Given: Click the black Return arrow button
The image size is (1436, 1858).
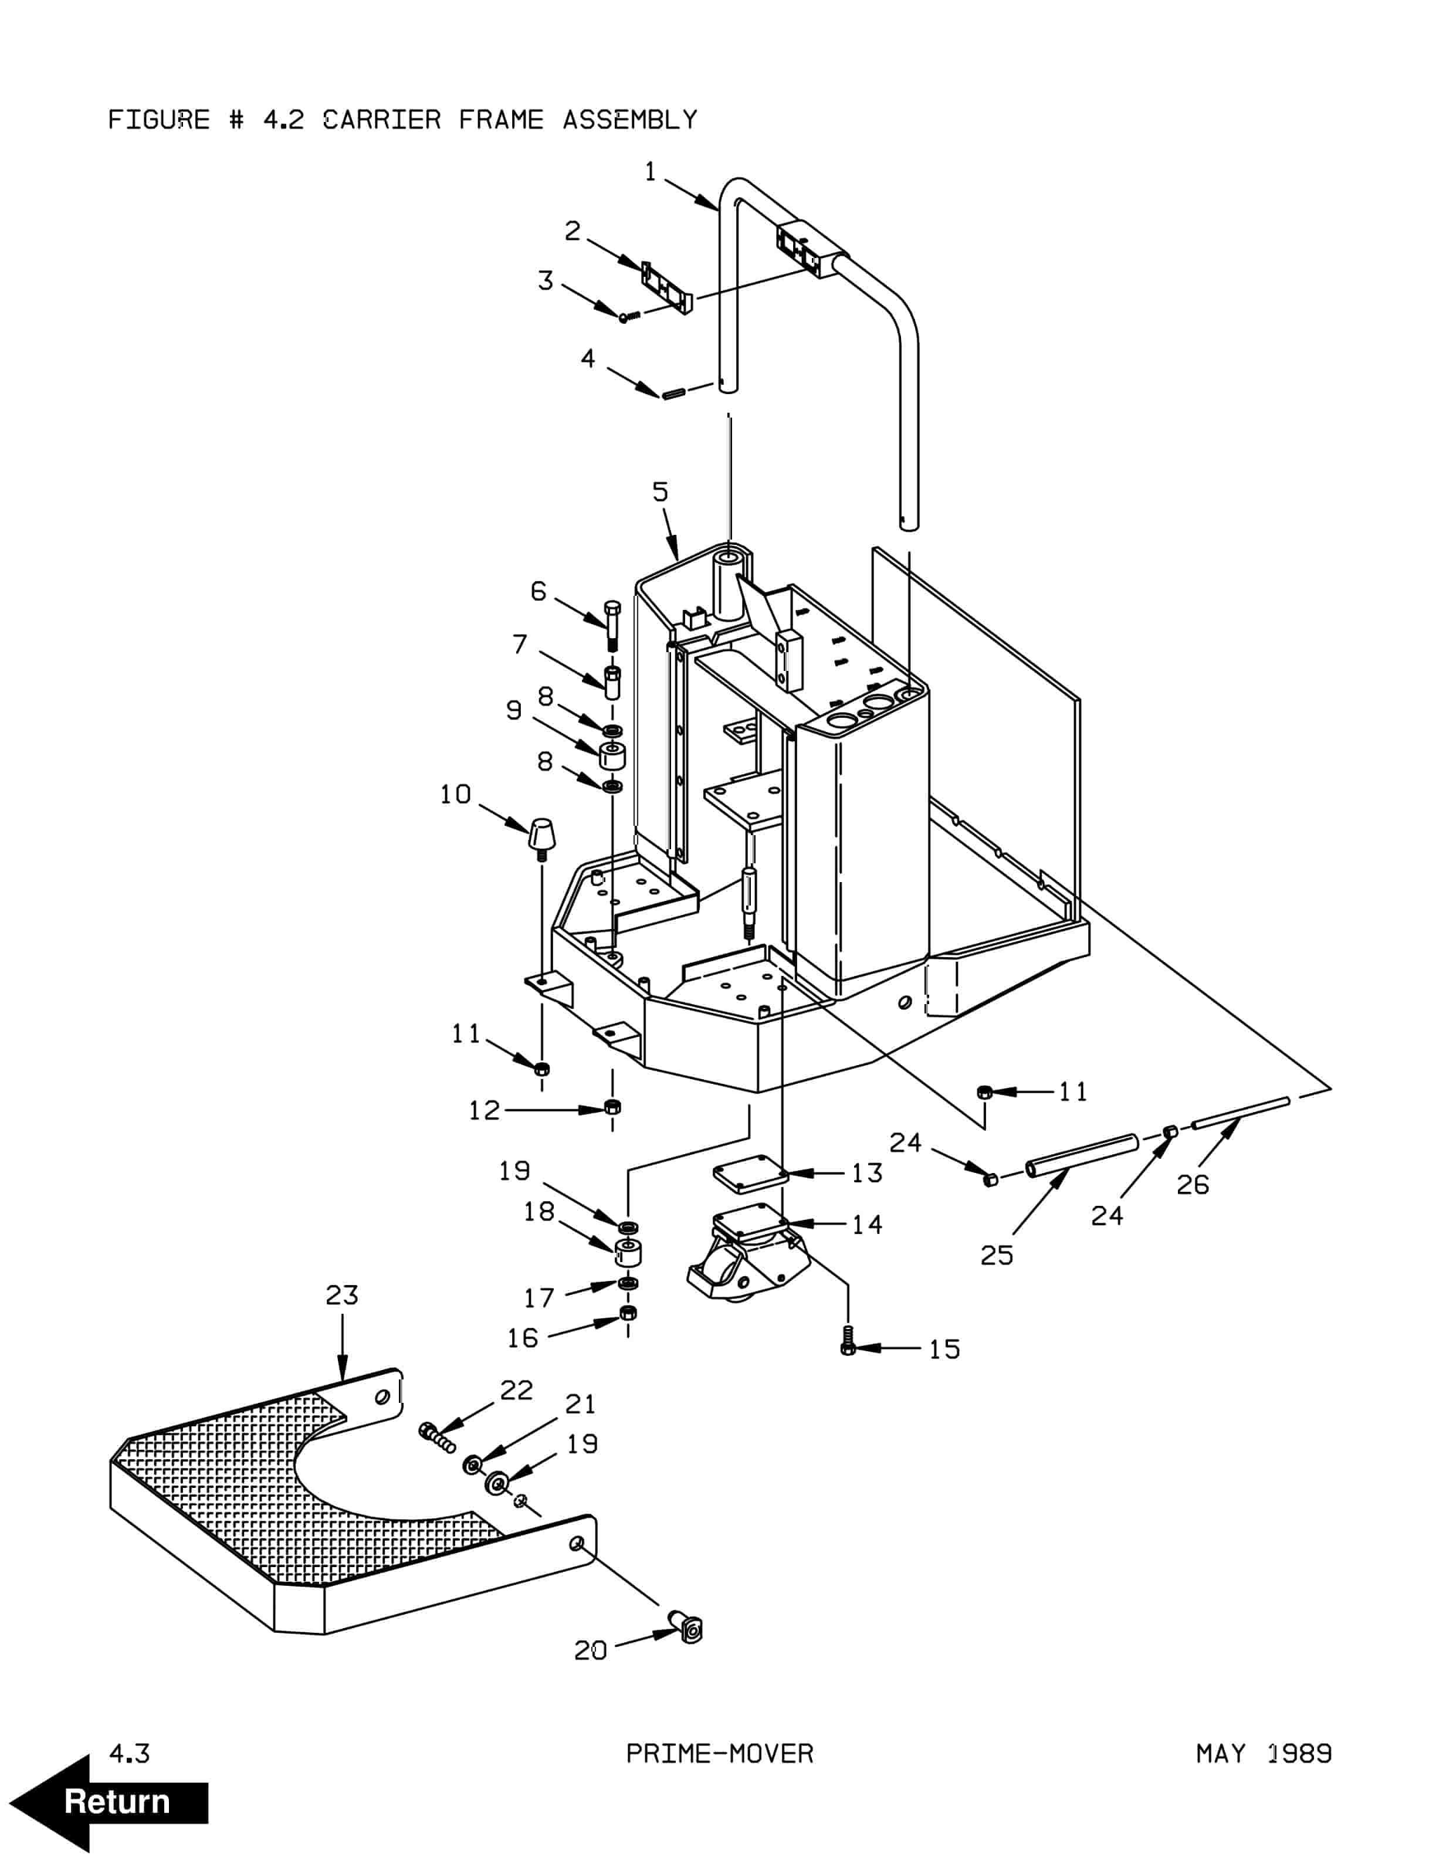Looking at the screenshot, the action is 109,1802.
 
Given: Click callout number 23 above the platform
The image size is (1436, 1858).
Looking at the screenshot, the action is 342,1295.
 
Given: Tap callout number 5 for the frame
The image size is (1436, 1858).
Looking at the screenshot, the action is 660,491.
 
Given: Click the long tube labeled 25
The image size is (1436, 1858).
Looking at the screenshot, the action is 1081,1155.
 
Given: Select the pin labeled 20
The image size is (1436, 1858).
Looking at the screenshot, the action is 687,1626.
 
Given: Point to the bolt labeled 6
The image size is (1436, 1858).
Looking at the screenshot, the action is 612,625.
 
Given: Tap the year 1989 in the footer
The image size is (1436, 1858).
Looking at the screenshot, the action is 1300,1754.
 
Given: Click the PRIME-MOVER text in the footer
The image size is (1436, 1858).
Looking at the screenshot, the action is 720,1754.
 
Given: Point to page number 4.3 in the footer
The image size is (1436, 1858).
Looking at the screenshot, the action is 129,1754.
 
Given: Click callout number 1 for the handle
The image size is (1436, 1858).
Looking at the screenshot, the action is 651,172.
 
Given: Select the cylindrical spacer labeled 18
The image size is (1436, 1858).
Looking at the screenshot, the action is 628,1252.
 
